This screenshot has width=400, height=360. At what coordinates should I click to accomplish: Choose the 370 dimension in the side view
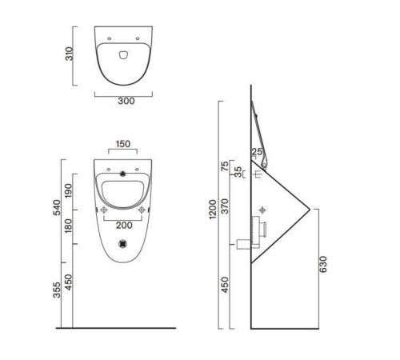pyautogui.click(x=226, y=206)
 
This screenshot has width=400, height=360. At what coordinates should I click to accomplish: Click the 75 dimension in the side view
pyautogui.click(x=226, y=168)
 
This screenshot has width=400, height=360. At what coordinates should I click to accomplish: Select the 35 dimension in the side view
pyautogui.click(x=238, y=171)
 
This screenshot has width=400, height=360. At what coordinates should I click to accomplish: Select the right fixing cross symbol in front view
pyautogui.click(x=143, y=210)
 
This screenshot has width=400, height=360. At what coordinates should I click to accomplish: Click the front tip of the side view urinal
pyautogui.click(x=310, y=209)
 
